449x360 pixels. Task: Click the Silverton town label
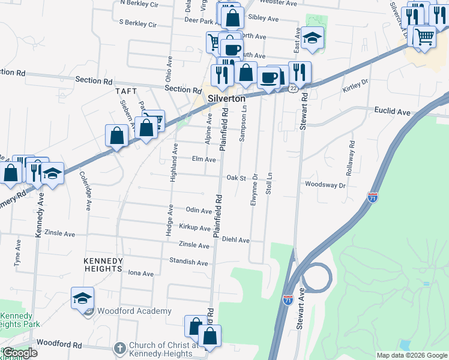click(226, 98)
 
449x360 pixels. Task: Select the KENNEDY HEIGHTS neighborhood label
click(103, 265)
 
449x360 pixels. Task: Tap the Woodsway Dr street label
click(325, 185)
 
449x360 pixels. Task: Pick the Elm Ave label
click(203, 160)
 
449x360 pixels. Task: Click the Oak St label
click(237, 178)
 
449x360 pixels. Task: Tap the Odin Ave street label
click(199, 211)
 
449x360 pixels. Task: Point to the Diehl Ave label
click(235, 240)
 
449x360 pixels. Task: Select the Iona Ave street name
click(141, 273)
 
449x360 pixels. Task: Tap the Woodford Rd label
click(59, 344)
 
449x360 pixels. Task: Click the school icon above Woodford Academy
click(82, 297)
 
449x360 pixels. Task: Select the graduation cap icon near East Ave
click(312, 38)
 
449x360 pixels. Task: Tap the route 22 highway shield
click(292, 88)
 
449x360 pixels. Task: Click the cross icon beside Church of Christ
click(119, 348)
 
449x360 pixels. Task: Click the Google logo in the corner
click(20, 352)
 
